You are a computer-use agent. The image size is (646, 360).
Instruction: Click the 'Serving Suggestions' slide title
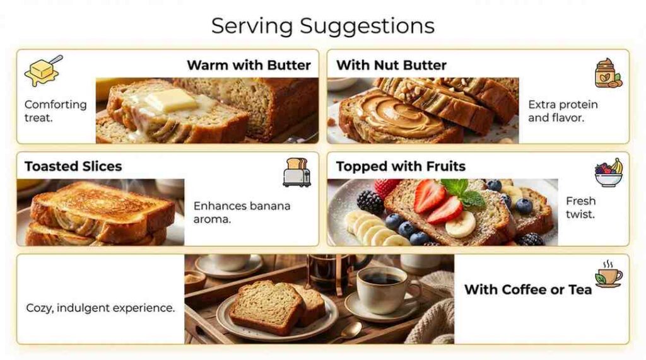(322, 26)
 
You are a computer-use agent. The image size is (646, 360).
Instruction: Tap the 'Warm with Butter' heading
(249, 65)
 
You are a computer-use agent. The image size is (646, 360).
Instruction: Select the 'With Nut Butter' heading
(391, 65)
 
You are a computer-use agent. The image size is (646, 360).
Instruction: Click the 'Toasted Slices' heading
(73, 166)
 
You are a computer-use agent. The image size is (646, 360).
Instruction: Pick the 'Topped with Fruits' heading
(401, 166)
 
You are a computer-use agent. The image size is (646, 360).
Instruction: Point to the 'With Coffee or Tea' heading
(528, 289)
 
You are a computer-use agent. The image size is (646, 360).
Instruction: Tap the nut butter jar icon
(608, 74)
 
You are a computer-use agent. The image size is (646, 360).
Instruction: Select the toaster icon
(297, 171)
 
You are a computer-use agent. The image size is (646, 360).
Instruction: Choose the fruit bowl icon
(608, 173)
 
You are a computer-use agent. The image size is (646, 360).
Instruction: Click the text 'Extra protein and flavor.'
(563, 111)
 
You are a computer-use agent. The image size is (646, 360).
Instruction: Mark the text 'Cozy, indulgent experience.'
(100, 308)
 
